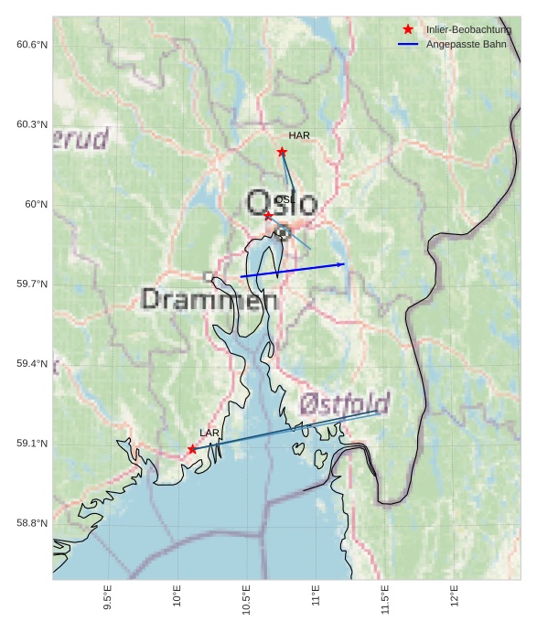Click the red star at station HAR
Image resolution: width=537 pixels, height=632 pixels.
282,152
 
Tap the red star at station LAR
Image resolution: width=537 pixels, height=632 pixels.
192,449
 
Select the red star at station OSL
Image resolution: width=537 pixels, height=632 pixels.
268,215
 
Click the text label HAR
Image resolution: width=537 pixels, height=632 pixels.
299,135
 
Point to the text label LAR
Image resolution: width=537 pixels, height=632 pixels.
209,433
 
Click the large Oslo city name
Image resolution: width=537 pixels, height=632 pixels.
282,202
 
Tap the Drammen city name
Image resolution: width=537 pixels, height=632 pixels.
209,299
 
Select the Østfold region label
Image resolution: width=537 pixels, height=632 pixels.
345,404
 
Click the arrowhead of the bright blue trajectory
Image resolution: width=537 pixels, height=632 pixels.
342,264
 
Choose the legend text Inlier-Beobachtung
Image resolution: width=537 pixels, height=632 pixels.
468,30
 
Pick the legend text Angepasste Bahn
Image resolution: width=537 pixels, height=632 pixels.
466,44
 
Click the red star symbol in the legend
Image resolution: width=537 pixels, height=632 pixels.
408,30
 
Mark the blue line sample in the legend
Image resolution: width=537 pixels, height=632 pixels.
408,44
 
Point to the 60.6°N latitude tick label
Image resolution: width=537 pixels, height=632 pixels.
32,45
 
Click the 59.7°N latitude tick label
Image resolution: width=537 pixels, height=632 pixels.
32,284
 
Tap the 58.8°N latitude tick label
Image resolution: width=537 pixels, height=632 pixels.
32,523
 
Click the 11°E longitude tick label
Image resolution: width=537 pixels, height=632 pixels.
317,599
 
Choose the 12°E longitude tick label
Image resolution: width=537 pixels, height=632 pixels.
455,599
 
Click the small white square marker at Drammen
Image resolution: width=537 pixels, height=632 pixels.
209,275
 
